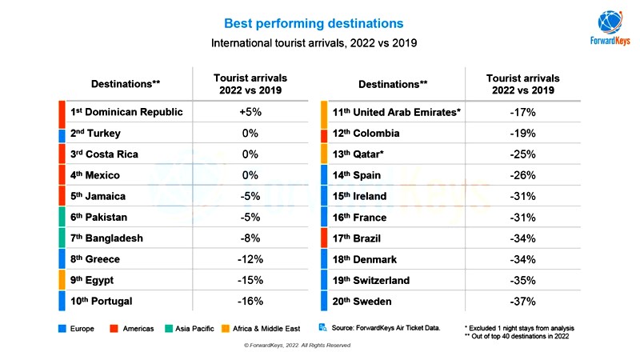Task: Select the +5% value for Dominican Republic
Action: [x=250, y=112]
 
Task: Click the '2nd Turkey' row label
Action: [x=95, y=133]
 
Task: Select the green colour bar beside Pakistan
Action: [x=62, y=217]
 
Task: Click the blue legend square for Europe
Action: [x=62, y=329]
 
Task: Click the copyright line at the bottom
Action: [x=297, y=345]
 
